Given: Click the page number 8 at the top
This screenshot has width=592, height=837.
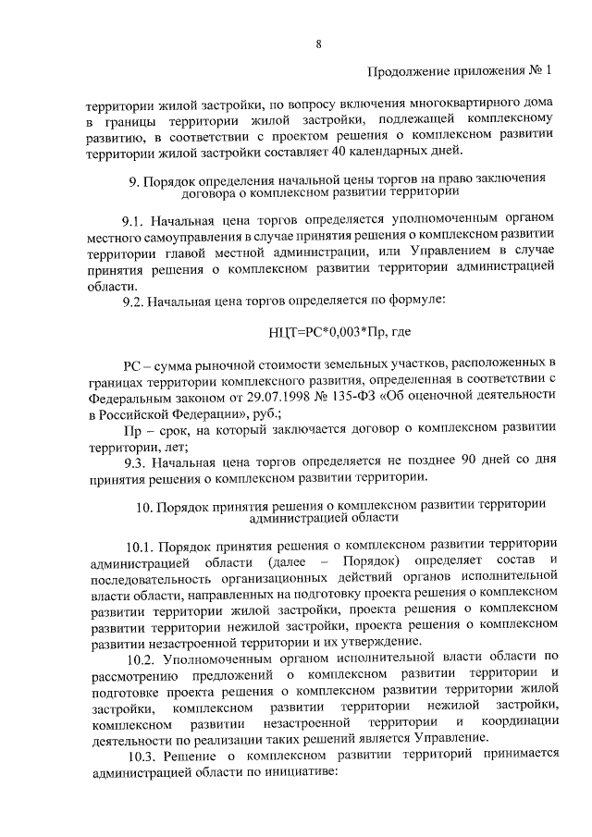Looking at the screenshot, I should [318, 43].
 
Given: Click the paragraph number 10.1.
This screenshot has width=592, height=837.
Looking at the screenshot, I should [141, 545].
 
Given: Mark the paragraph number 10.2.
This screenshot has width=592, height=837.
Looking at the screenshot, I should [141, 660].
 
